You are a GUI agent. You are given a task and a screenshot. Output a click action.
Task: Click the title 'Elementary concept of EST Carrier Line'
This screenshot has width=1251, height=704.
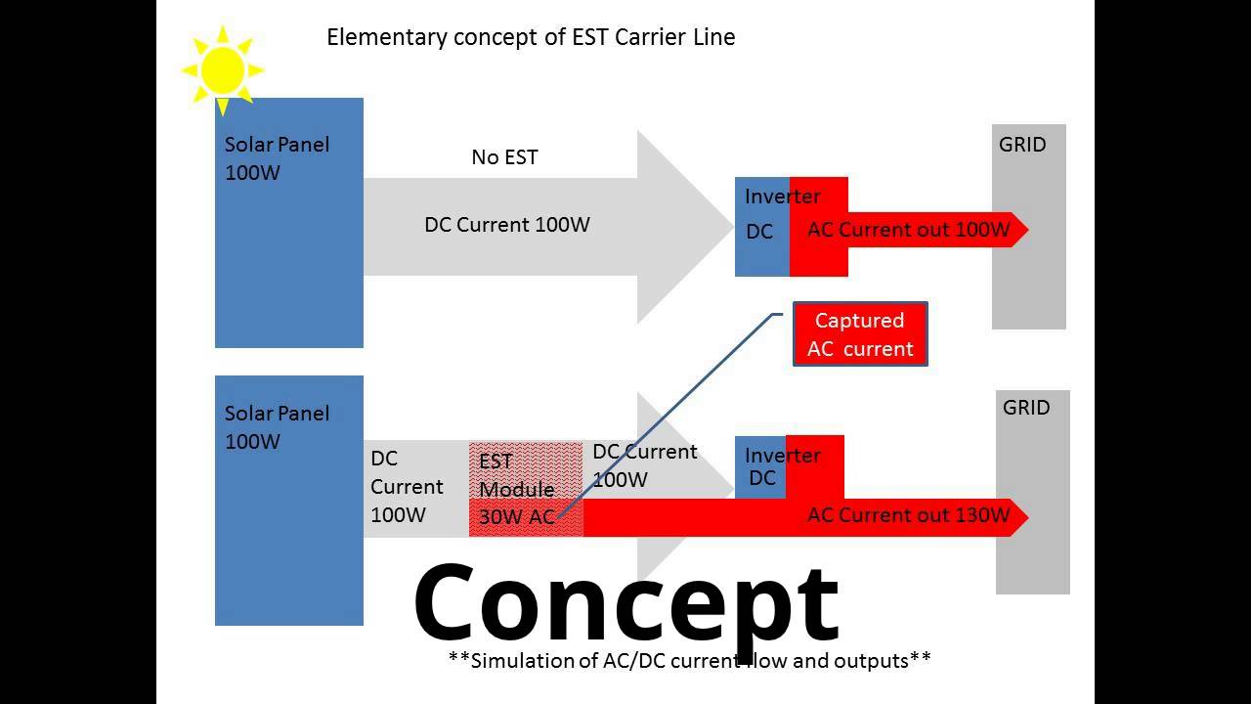pos(530,37)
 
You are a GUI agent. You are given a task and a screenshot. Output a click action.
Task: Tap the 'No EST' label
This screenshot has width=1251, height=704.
pos(504,156)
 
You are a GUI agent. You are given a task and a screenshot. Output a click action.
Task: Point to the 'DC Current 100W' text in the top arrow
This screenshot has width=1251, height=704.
pos(506,224)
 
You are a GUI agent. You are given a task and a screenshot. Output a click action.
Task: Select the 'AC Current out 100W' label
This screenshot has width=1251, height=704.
pos(907,230)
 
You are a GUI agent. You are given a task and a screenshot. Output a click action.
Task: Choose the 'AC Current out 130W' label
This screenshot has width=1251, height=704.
pos(907,515)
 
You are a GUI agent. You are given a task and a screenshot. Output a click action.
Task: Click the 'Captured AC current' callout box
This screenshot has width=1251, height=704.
pos(860,334)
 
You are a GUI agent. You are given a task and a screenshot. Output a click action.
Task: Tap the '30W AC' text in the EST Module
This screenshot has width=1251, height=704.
pos(516,517)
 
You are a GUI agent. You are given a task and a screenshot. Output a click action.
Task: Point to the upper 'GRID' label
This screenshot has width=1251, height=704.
pos(1022,145)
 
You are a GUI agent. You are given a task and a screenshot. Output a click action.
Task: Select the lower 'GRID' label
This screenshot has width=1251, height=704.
pos(1026,408)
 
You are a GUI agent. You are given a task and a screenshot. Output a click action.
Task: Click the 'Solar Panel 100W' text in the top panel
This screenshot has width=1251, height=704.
pos(277,158)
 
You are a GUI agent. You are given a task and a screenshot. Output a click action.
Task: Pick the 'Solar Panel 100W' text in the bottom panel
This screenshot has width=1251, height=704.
pos(277,427)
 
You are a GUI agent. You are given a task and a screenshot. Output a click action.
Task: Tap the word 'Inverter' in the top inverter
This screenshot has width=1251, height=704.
pos(782,197)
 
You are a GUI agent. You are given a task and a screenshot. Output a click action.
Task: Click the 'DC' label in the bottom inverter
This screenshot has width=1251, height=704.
pos(761,478)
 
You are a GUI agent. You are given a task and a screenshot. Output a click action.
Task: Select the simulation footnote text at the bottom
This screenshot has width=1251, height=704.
pos(689,661)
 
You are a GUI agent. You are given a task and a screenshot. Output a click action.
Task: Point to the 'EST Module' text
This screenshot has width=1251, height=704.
pos(515,475)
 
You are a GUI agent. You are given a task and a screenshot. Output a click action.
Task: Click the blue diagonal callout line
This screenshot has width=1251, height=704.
pos(674,411)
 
